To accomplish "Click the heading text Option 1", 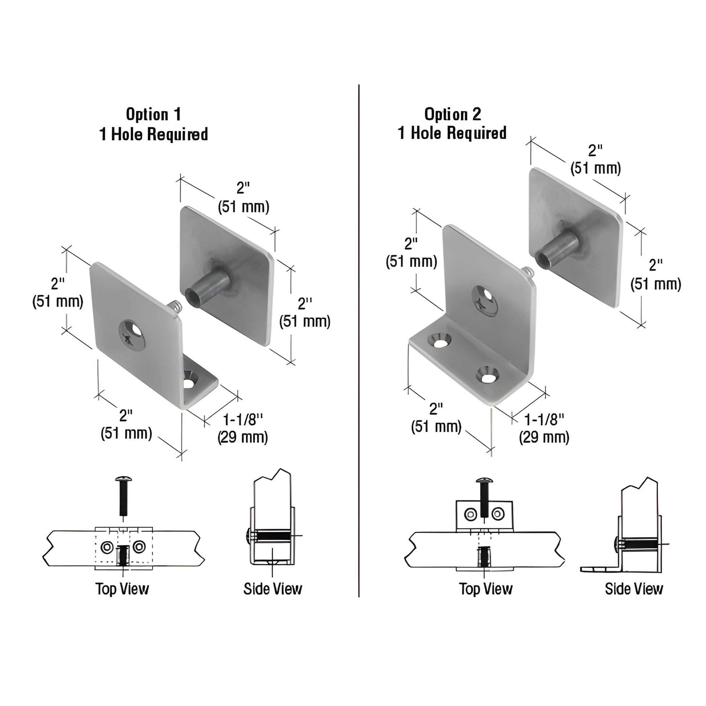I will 153,114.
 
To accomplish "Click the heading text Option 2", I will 452,114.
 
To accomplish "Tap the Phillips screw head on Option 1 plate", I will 132,336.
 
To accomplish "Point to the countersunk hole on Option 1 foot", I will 190,380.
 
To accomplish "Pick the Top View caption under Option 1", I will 122,589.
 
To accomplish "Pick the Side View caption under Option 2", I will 634,589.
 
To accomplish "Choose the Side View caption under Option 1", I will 272,589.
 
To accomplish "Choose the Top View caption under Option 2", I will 486,589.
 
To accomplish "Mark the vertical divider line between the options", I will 359,329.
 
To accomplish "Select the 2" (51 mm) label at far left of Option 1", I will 58,292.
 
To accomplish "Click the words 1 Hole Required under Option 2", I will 452,134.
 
